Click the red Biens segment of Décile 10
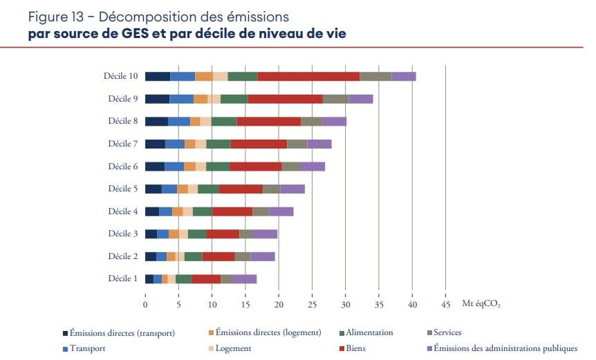[308, 77]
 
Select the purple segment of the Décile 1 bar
[244, 279]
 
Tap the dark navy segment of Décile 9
[157, 99]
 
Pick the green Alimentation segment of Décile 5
[208, 189]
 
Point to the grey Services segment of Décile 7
[297, 144]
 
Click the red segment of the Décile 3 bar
[223, 234]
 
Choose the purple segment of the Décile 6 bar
[313, 167]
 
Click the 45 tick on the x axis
[445, 304]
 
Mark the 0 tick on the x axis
[145, 304]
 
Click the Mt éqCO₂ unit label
[482, 304]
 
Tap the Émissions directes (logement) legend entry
[268, 333]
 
